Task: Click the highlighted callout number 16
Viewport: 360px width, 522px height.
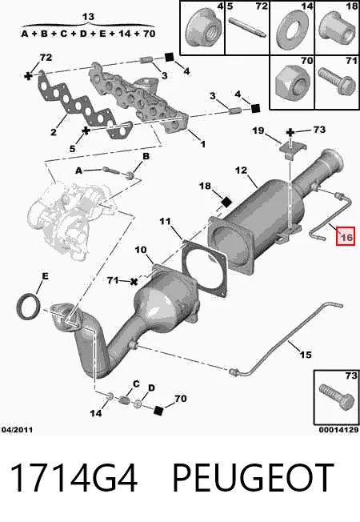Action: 346,237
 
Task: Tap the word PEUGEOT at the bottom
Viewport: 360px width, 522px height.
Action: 253,477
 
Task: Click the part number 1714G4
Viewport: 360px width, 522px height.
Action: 74,477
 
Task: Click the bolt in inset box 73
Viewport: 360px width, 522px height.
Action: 336,396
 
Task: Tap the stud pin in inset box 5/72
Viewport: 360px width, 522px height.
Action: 247,27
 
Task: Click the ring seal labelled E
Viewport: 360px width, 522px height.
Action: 29,307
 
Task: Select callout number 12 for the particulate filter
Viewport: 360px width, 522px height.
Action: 242,171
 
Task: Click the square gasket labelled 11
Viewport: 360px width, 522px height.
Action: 205,268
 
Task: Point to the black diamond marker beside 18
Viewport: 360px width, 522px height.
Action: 226,202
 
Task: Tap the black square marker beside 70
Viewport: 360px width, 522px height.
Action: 158,411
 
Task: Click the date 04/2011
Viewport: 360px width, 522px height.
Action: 18,430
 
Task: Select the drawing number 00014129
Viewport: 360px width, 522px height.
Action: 338,430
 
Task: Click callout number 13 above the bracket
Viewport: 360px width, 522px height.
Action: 89,17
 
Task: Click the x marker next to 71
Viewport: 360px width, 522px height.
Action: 134,282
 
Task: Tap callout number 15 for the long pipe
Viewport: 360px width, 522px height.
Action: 306,355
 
